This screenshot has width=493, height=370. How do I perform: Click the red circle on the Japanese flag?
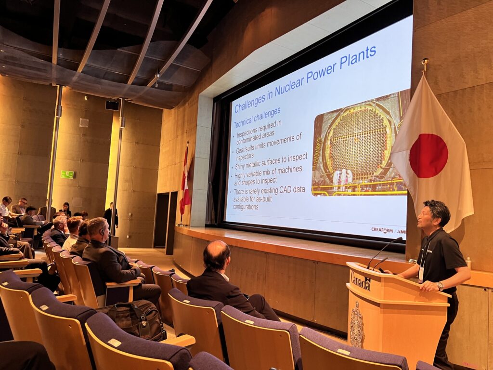pyautogui.click(x=428, y=156)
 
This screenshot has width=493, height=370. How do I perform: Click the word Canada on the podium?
pyautogui.click(x=361, y=281)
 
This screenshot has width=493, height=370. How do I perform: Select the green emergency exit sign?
pyautogui.click(x=67, y=174)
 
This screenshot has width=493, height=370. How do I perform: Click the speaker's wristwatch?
pyautogui.click(x=440, y=286)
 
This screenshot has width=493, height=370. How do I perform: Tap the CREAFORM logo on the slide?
pyautogui.click(x=382, y=230)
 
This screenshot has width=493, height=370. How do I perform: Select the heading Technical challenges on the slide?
pyautogui.click(x=257, y=118)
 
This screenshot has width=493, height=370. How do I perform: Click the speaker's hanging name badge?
pyautogui.click(x=421, y=274)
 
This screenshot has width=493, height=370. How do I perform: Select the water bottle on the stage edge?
pyautogui.click(x=469, y=263)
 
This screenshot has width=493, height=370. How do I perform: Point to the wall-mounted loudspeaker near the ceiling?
pyautogui.click(x=112, y=105)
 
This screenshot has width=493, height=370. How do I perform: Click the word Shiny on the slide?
pyautogui.click(x=241, y=166)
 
